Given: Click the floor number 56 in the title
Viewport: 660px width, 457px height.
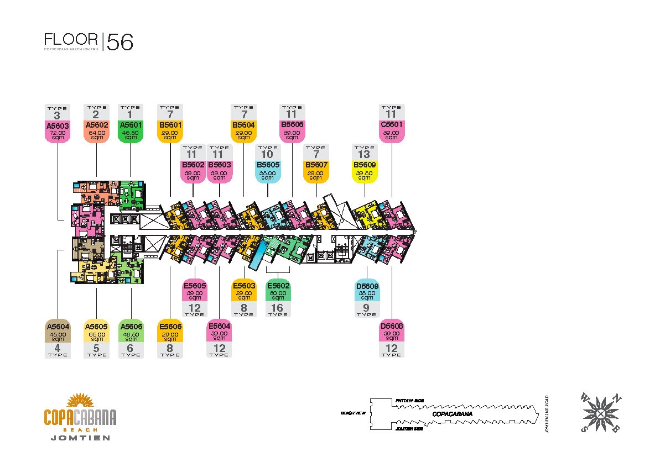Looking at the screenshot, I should pos(120,43).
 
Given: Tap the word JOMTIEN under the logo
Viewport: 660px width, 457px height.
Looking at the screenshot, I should pos(80,438).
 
